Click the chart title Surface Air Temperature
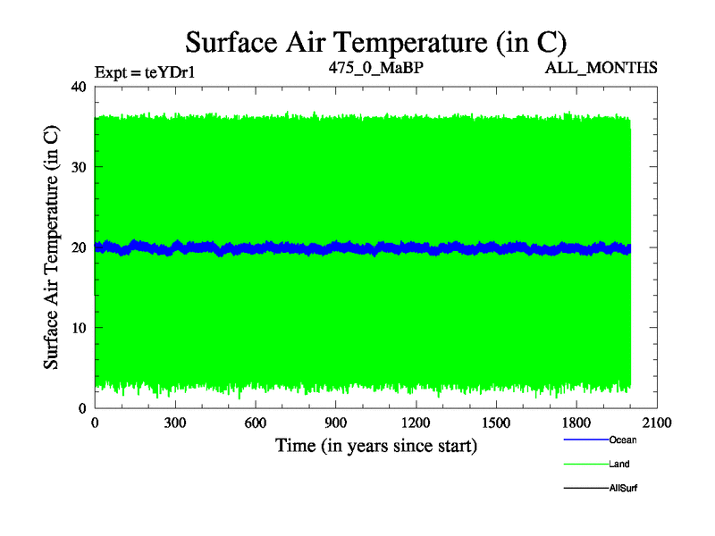pyautogui.click(x=375, y=42)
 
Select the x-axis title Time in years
pyautogui.click(x=375, y=445)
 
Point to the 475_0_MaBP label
pyautogui.click(x=375, y=67)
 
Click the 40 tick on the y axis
pyautogui.click(x=78, y=87)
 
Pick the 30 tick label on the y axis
pyautogui.click(x=78, y=167)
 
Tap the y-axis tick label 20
pyautogui.click(x=78, y=247)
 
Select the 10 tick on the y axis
pyautogui.click(x=78, y=328)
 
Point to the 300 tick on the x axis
pyautogui.click(x=175, y=423)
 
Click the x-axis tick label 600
pyautogui.click(x=256, y=423)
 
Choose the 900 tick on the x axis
pyautogui.click(x=336, y=423)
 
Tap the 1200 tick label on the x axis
pyautogui.click(x=416, y=423)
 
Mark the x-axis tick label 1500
pyautogui.click(x=497, y=423)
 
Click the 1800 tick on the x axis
pyautogui.click(x=577, y=423)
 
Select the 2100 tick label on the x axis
pyautogui.click(x=658, y=423)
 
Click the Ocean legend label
pyautogui.click(x=622, y=440)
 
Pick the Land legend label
pyautogui.click(x=619, y=464)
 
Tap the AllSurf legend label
pyautogui.click(x=623, y=488)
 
